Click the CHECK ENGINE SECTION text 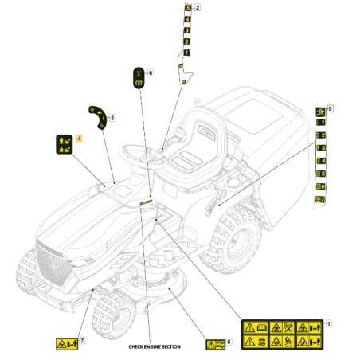pos(154,347)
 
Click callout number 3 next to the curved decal pos(112,118)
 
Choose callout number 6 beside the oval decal pos(151,73)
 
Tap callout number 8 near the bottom pos(229,342)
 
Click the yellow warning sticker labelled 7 pos(64,344)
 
